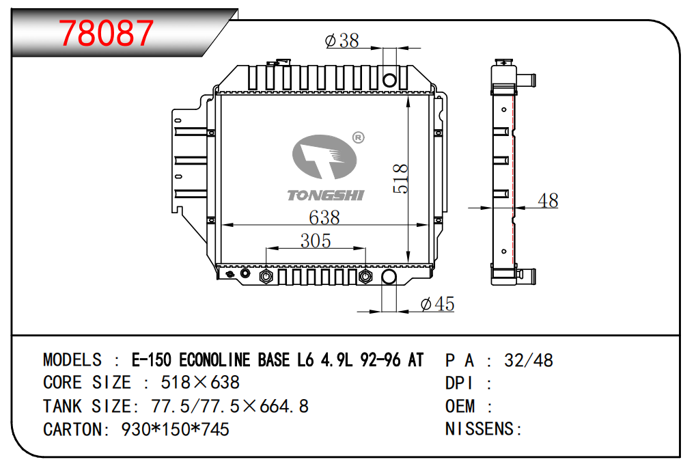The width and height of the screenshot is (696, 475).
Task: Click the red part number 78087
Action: click(x=106, y=33)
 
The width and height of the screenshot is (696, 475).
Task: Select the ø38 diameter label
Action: click(x=342, y=41)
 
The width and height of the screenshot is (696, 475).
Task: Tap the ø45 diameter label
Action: click(x=437, y=304)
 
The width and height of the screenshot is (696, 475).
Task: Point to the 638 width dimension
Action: click(x=324, y=218)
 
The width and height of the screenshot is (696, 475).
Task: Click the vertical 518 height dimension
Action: click(x=401, y=178)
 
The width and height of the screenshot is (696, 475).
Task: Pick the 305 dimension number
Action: click(x=316, y=241)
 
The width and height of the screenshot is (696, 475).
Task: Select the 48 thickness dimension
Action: click(x=548, y=200)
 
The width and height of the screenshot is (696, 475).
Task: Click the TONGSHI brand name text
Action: click(x=325, y=195)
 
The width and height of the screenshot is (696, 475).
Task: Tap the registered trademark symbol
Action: click(x=358, y=138)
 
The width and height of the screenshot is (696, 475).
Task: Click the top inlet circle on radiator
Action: click(x=389, y=81)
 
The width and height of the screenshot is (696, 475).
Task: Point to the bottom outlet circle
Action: click(x=389, y=276)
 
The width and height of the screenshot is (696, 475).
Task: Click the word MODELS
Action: click(x=72, y=360)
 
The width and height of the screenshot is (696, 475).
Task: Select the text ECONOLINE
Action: click(x=215, y=360)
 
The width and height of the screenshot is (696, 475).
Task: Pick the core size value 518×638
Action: click(x=200, y=383)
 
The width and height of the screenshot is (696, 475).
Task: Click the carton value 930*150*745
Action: click(x=176, y=429)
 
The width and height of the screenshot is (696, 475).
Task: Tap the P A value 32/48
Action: click(x=529, y=360)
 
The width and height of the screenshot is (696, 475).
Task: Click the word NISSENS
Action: click(x=479, y=429)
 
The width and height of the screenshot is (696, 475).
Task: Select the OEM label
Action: click(x=460, y=406)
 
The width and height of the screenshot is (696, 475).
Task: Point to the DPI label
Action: click(x=460, y=383)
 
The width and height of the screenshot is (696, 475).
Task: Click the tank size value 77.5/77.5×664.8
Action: click(x=230, y=406)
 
